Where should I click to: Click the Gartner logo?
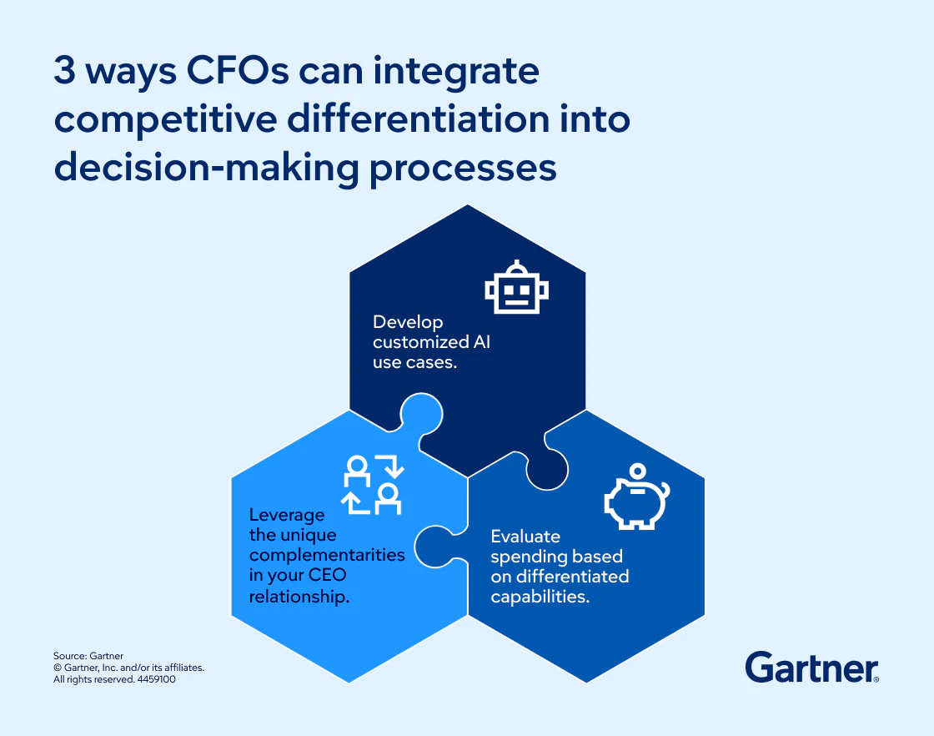pyautogui.click(x=811, y=668)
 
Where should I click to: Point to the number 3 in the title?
pyautogui.click(x=66, y=72)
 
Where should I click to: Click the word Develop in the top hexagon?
pyautogui.click(x=408, y=322)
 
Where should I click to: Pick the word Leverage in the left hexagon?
pyautogui.click(x=286, y=515)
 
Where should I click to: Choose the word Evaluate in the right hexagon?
pyautogui.click(x=525, y=536)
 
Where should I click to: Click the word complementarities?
pyautogui.click(x=327, y=555)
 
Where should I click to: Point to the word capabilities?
pyautogui.click(x=540, y=597)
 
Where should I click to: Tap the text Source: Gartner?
pyautogui.click(x=88, y=657)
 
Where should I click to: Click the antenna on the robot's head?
pyautogui.click(x=517, y=266)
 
